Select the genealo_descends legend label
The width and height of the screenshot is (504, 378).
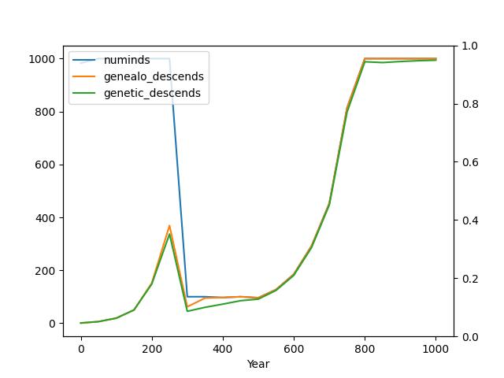click(154, 76)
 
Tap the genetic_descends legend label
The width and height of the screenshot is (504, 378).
click(152, 93)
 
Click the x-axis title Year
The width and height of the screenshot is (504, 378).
click(258, 365)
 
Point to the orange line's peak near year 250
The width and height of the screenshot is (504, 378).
click(169, 226)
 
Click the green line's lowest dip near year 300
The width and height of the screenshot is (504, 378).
click(187, 311)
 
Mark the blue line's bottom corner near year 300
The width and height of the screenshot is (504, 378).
click(187, 297)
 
